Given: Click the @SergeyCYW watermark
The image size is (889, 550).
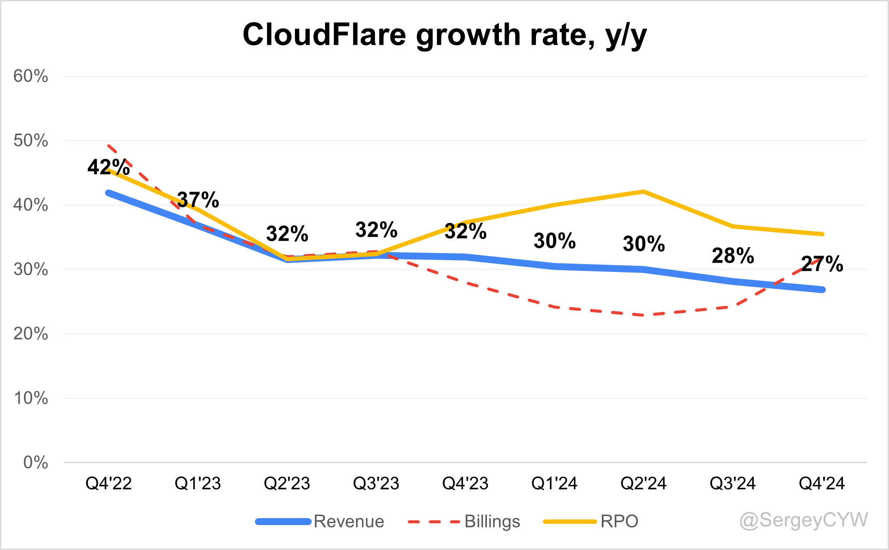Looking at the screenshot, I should [x=803, y=520].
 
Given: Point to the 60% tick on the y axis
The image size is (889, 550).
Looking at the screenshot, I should [x=31, y=76].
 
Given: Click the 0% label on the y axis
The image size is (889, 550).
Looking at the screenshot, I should [x=35, y=462].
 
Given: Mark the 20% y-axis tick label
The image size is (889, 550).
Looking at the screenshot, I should [x=31, y=334].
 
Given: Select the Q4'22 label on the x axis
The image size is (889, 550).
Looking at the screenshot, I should [x=108, y=483].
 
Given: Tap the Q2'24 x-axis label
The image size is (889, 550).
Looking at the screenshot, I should [x=643, y=483].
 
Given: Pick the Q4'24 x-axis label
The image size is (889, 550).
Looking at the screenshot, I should [x=821, y=483].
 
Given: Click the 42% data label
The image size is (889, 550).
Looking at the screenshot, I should [x=108, y=167].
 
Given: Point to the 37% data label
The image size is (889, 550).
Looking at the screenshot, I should [x=198, y=200].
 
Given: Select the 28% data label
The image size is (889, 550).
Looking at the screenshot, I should [x=733, y=256].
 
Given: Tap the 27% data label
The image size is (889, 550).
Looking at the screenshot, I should [x=822, y=264].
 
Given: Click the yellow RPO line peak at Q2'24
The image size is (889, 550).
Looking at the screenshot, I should [x=643, y=192].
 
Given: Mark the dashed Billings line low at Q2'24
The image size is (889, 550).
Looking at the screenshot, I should [x=643, y=315].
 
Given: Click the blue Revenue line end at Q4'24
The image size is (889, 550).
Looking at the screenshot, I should [x=821, y=290].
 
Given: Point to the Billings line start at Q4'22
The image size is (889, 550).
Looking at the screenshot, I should [x=109, y=146].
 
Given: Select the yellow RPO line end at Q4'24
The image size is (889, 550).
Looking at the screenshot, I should [x=821, y=234].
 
